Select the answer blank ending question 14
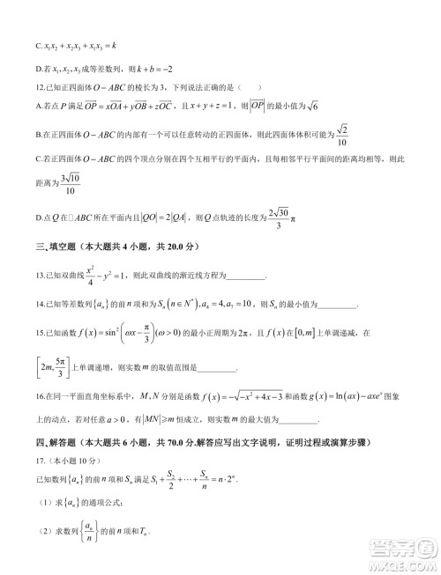point(336,306)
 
